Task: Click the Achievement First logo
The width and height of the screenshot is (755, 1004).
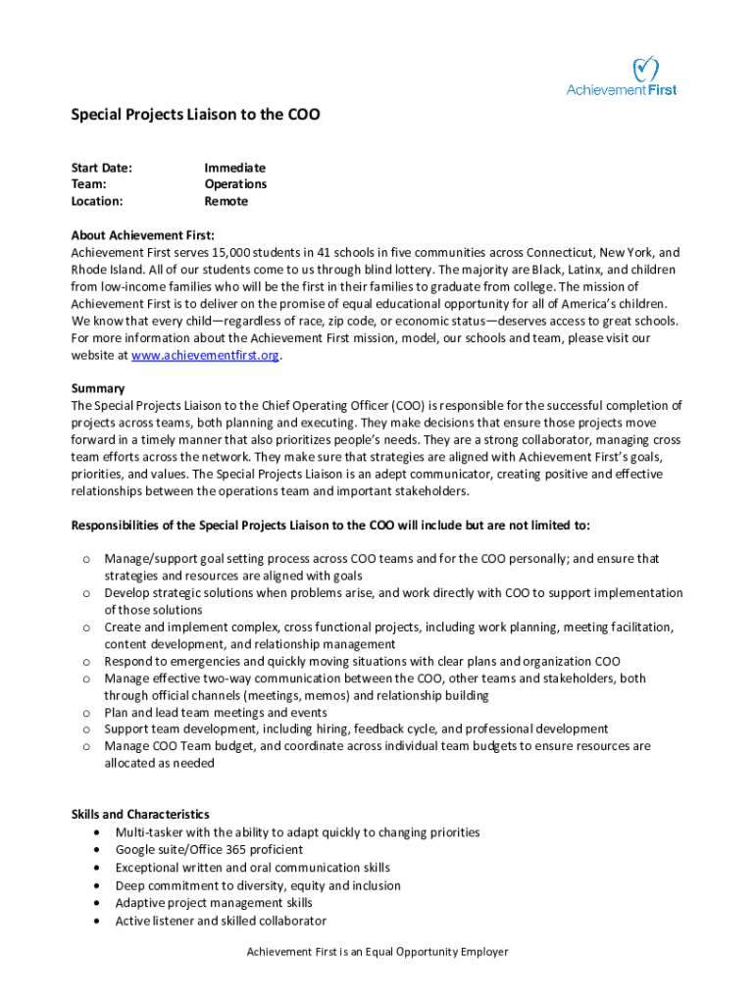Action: click(x=622, y=77)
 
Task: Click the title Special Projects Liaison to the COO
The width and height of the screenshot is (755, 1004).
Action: click(x=195, y=116)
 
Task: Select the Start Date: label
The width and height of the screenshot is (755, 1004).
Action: click(x=101, y=168)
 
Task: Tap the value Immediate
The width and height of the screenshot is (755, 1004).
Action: click(x=234, y=168)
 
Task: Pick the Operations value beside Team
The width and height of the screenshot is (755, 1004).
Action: click(x=235, y=184)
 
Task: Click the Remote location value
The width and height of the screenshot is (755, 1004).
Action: click(x=226, y=201)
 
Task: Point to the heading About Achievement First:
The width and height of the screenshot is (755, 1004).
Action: click(x=142, y=235)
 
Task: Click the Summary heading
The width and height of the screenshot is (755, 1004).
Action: click(x=98, y=388)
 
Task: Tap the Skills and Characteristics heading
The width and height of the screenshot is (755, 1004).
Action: click(x=140, y=814)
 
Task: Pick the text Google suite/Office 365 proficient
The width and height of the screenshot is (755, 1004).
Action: click(x=209, y=850)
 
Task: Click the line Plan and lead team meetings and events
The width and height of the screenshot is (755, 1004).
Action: click(x=216, y=712)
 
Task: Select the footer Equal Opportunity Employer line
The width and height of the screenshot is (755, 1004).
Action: click(x=377, y=952)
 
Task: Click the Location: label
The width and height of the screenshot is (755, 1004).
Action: click(x=97, y=201)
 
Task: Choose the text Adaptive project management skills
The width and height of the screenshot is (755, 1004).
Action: click(x=214, y=903)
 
